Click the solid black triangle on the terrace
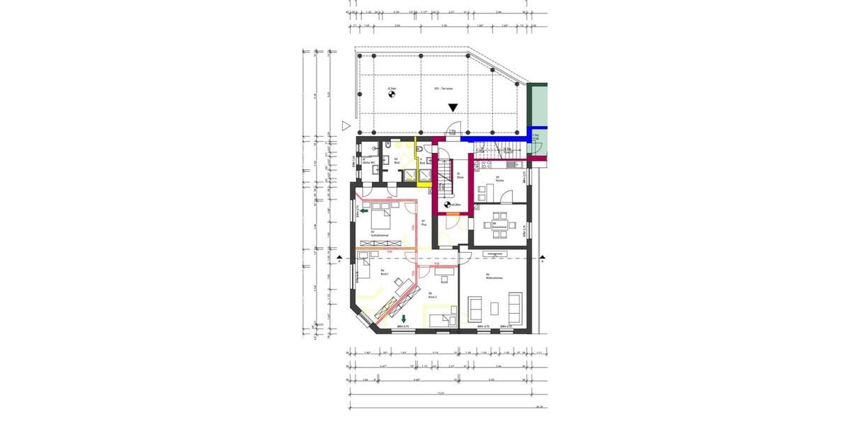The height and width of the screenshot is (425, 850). pyautogui.click(x=453, y=108)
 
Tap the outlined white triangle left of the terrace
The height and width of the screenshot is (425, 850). pyautogui.click(x=346, y=125)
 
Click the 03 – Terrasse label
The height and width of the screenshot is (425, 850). pyautogui.click(x=443, y=89)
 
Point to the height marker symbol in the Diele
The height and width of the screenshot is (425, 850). pyautogui.click(x=447, y=205)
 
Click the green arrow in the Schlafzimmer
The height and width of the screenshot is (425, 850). pyautogui.click(x=363, y=210)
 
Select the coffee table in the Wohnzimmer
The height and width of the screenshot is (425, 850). pyautogui.click(x=493, y=307)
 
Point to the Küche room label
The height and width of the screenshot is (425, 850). pyautogui.click(x=499, y=179)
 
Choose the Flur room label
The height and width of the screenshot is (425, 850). pyautogui.click(x=423, y=222)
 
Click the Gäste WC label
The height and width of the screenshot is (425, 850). pyautogui.click(x=368, y=162)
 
